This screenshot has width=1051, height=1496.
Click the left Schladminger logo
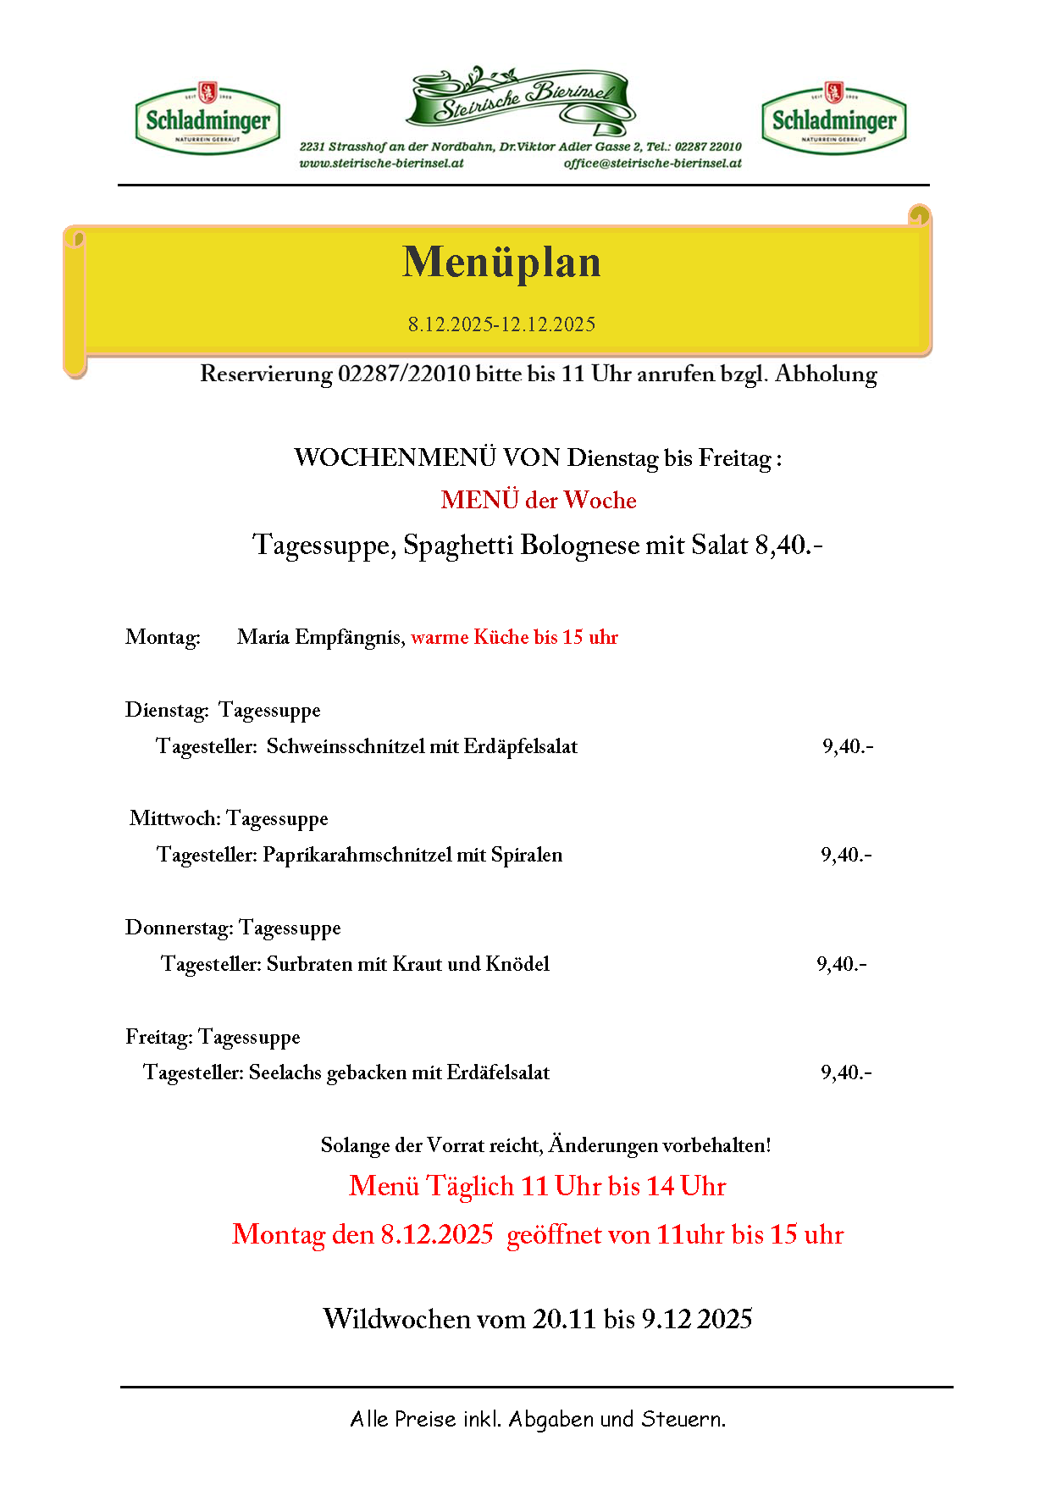click(x=207, y=119)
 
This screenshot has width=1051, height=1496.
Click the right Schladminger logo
click(x=834, y=119)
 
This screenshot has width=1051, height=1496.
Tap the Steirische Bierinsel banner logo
click(x=522, y=99)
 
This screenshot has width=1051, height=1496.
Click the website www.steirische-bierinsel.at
click(x=382, y=163)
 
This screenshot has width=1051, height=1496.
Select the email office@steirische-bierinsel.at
click(x=652, y=163)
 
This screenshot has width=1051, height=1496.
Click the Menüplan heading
click(x=501, y=262)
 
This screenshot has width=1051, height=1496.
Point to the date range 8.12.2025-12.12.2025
click(x=501, y=324)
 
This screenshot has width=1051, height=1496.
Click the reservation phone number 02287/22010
click(x=404, y=374)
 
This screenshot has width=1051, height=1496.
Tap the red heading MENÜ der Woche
click(x=539, y=500)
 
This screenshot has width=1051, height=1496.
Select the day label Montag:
click(x=163, y=637)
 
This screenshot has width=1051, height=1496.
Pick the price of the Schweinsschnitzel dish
click(x=848, y=746)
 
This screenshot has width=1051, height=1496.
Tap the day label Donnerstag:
click(x=179, y=928)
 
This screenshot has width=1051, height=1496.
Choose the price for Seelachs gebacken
click(x=846, y=1072)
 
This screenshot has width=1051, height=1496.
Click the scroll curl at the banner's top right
click(x=919, y=215)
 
